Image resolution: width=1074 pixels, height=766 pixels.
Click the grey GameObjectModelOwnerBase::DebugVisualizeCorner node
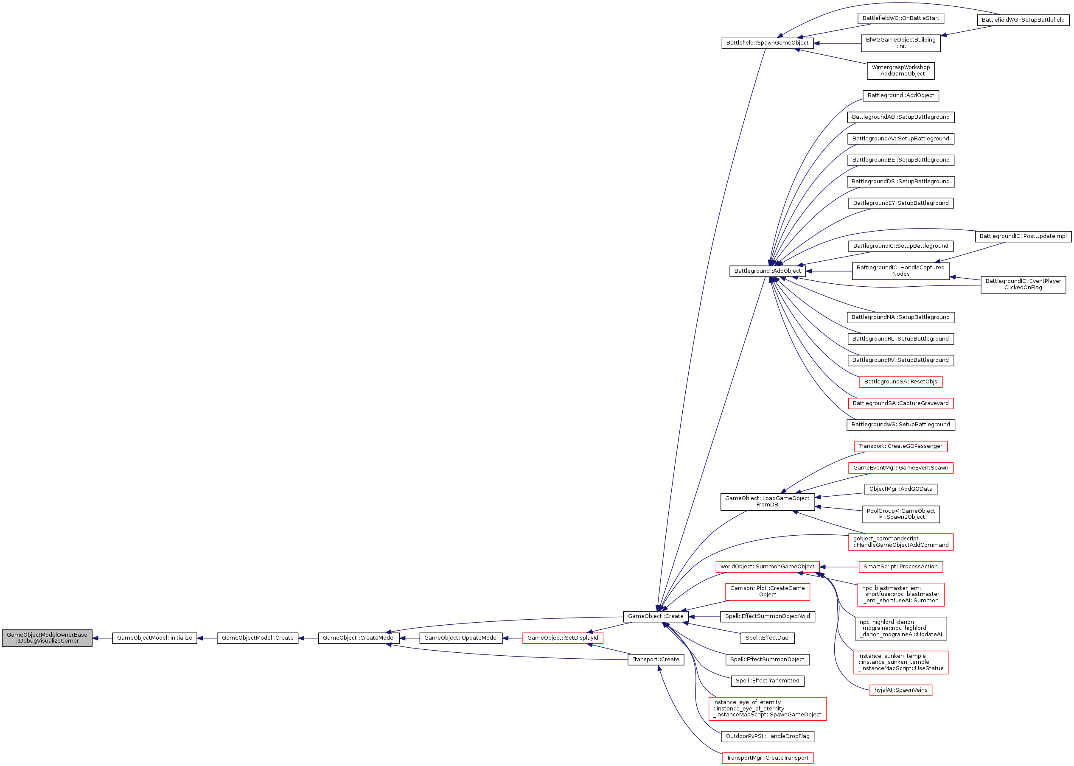point(47,638)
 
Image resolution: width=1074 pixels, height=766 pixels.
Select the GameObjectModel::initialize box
point(154,638)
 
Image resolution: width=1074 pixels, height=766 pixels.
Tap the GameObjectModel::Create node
point(258,638)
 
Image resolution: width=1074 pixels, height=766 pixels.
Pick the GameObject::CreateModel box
point(359,638)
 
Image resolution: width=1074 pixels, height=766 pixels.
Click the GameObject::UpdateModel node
point(461,638)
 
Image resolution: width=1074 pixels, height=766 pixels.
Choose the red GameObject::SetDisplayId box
point(563,638)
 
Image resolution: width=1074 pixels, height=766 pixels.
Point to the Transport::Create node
point(656,660)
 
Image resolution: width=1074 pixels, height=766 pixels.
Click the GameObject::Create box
point(656,616)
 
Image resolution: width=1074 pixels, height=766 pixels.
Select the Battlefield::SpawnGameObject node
point(767,43)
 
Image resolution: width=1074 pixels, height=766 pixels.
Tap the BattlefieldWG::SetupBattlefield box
point(1023,20)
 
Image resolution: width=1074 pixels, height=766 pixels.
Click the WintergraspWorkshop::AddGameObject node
point(901,71)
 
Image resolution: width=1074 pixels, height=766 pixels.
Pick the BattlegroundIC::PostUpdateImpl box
point(1023,236)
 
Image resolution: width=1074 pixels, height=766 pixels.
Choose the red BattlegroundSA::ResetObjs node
point(901,382)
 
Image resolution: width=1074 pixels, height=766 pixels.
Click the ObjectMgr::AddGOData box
point(901,489)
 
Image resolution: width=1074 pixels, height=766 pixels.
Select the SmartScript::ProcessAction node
point(901,567)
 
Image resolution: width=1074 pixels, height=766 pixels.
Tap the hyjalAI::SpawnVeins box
point(901,690)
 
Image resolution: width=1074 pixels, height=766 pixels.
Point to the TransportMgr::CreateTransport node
point(767,758)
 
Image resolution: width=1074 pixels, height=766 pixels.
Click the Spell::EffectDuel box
point(767,638)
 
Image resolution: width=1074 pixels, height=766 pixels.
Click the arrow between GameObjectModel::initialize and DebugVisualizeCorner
point(102,638)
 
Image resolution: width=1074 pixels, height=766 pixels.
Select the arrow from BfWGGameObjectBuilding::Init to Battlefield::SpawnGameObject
point(838,43)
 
